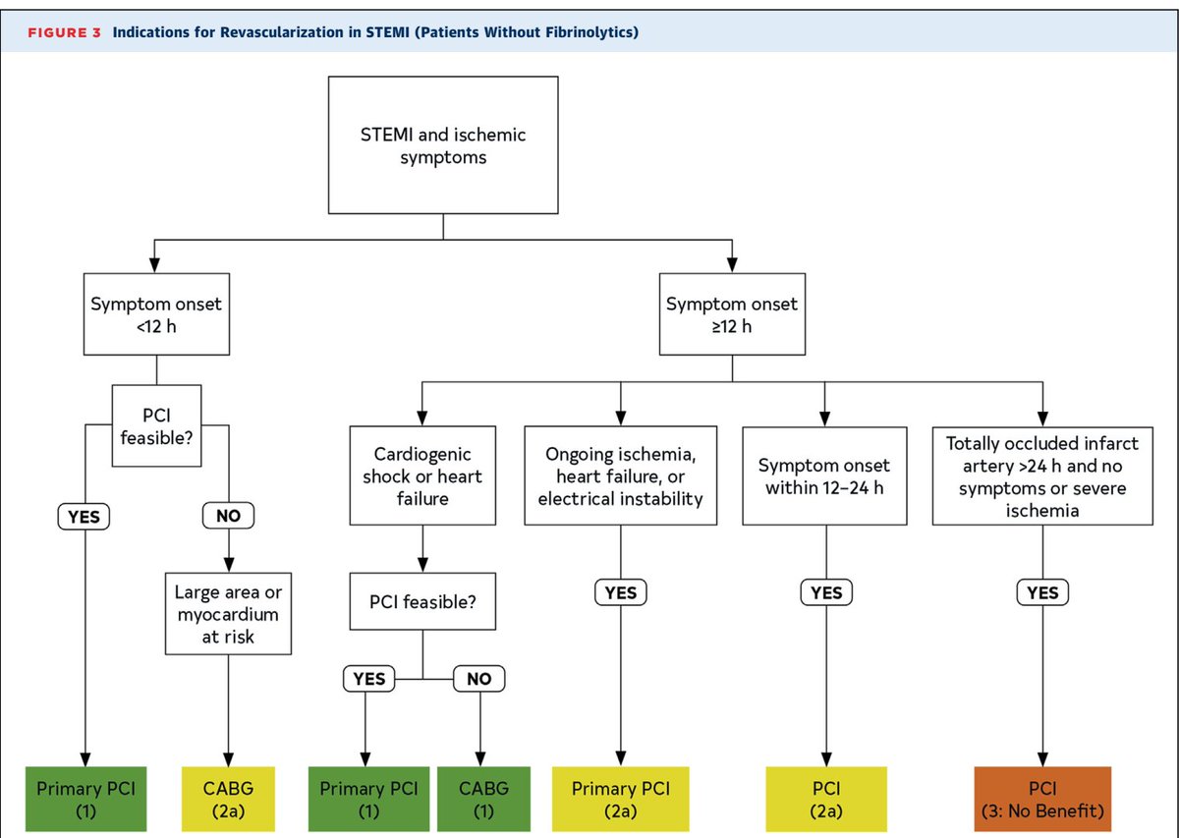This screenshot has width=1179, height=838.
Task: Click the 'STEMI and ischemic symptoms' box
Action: [442, 145]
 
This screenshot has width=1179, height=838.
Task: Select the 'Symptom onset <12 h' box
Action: [156, 315]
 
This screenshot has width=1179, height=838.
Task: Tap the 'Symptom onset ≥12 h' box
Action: [731, 315]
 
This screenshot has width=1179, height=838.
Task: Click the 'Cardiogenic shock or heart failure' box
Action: [422, 477]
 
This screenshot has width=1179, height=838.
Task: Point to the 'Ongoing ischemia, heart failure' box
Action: [622, 475]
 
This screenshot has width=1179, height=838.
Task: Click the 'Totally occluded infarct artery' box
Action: [1042, 477]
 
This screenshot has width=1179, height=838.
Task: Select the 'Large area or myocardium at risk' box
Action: [227, 615]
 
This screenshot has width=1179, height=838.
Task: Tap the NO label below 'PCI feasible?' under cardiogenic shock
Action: [479, 679]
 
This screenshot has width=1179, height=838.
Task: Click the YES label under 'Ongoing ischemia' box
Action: [621, 592]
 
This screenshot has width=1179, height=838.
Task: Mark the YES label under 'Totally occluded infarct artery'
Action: [1042, 592]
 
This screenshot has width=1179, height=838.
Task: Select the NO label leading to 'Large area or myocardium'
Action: [227, 514]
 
